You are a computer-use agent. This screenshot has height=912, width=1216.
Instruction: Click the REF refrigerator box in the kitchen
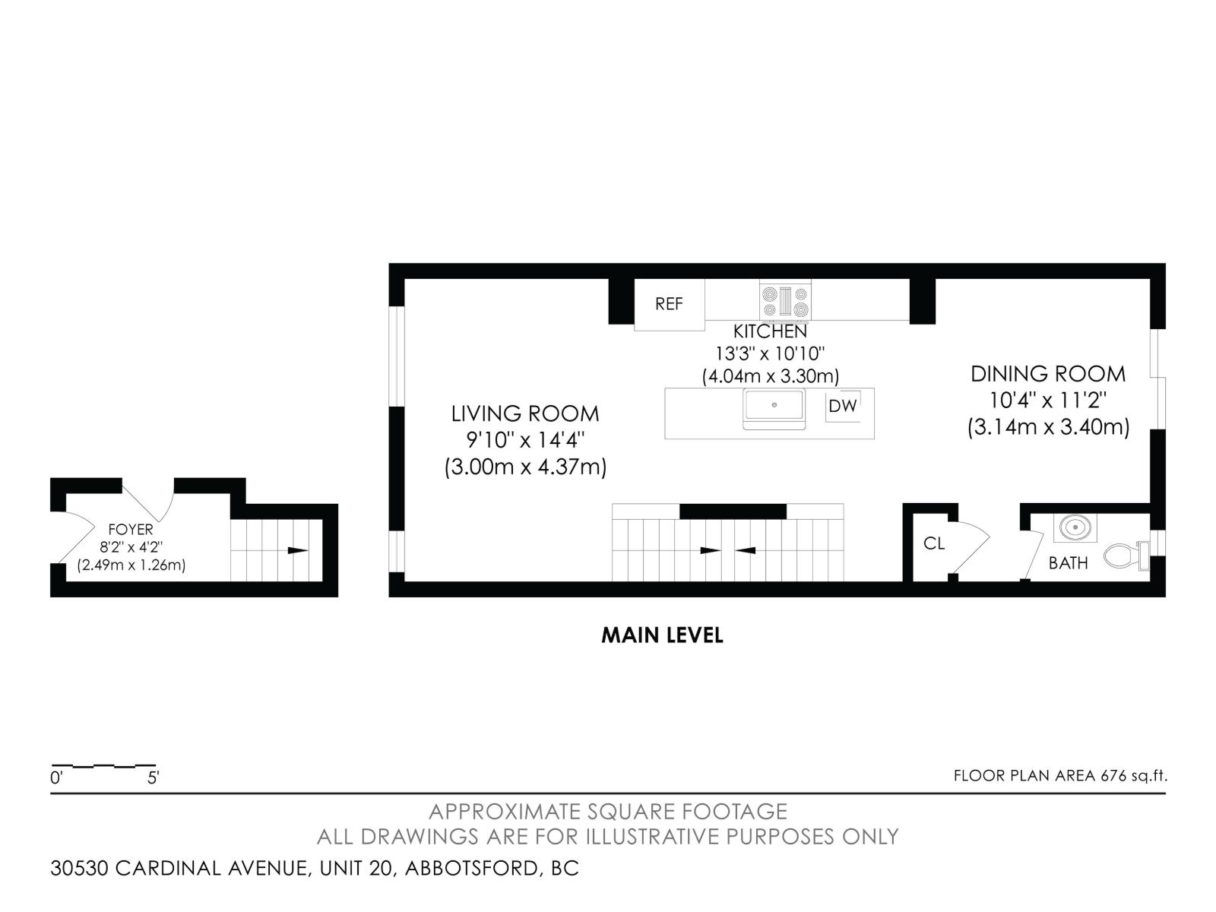coord(670,304)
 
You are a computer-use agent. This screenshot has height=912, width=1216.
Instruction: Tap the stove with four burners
coord(785,301)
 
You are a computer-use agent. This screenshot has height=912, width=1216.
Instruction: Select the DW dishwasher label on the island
coord(842,406)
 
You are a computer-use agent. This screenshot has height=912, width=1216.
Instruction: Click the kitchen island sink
coord(774,406)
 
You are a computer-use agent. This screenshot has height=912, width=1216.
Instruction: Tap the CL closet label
coord(934,543)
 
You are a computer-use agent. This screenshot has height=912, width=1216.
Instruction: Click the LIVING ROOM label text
coord(525,413)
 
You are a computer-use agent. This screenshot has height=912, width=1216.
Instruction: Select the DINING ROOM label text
coord(1047,374)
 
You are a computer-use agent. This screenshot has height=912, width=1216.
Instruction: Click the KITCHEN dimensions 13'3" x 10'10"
coord(770,353)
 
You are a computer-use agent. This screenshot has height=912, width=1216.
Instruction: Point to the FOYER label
coord(131,530)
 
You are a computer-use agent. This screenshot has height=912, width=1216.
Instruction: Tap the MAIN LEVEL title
coord(662,635)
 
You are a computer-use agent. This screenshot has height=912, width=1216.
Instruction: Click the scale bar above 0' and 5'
coord(103,765)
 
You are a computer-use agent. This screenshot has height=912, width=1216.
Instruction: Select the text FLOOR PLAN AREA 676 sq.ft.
coord(1059,776)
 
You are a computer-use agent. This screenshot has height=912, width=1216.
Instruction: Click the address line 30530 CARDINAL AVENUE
coord(315,868)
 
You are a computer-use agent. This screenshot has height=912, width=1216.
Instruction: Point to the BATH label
coord(1068,563)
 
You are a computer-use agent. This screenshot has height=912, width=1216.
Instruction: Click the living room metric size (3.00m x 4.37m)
coord(525,467)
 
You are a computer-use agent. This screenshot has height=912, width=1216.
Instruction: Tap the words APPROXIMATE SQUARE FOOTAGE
coord(608,812)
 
